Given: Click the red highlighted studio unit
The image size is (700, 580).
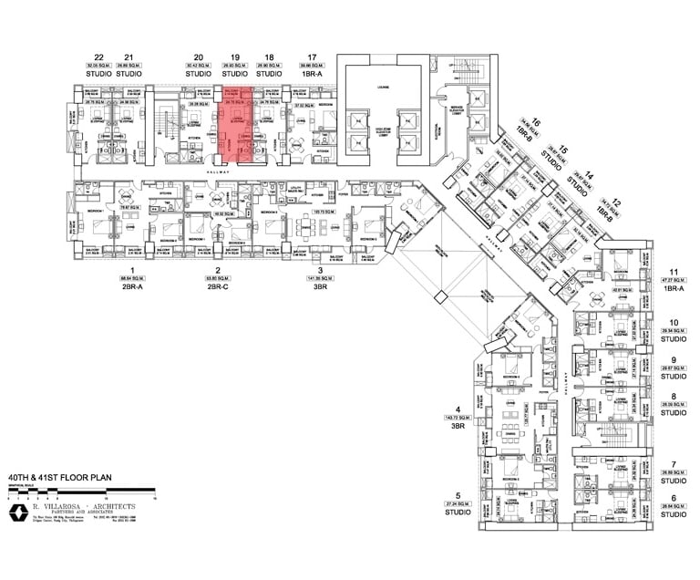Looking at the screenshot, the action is coord(237,126).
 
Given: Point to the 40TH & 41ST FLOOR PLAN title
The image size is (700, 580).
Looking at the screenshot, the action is coord(54,476).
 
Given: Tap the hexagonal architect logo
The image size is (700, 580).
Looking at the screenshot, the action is coord(17,512).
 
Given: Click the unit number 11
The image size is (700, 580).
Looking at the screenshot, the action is coord(674,272).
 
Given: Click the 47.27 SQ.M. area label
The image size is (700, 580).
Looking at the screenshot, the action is coord(673,280).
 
